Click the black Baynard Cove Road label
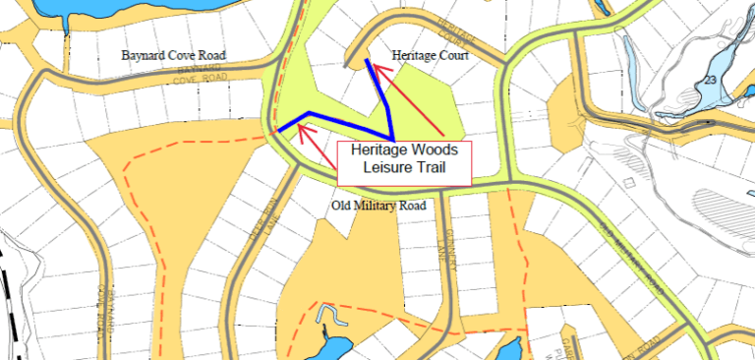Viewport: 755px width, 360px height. point(173,56)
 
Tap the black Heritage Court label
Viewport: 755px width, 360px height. point(429,57)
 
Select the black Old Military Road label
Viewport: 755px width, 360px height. point(377,206)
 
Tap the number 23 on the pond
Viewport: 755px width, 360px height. point(710,79)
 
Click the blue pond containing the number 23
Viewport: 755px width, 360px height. point(723,65)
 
